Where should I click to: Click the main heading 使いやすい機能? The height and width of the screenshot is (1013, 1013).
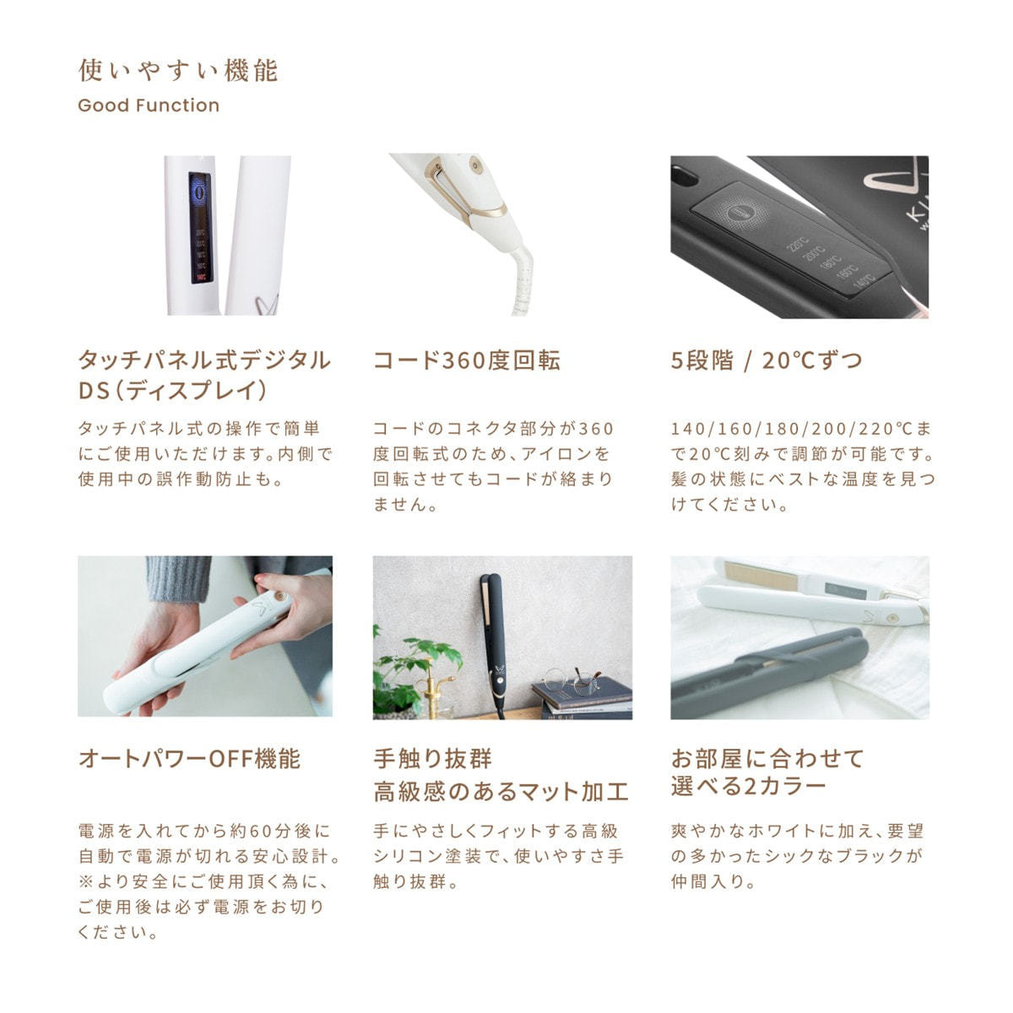click(x=178, y=70)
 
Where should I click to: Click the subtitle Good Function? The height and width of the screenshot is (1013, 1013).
click(x=149, y=106)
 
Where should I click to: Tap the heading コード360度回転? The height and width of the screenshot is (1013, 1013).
click(x=467, y=360)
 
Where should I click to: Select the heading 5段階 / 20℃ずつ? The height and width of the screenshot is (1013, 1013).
click(x=767, y=360)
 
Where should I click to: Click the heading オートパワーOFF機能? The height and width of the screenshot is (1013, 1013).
click(x=189, y=759)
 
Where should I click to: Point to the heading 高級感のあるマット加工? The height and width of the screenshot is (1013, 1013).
click(x=501, y=792)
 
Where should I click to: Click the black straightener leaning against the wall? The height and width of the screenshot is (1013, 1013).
click(x=490, y=642)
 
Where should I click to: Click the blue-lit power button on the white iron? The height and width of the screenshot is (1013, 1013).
click(x=199, y=192)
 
